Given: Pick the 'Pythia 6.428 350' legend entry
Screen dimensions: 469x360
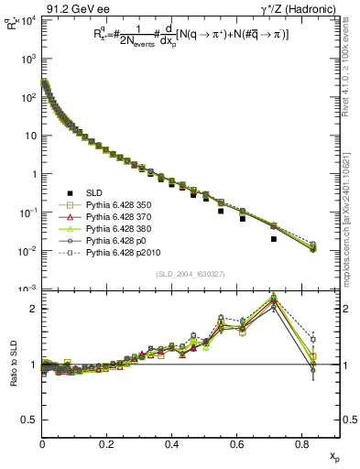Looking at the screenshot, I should click(125, 204).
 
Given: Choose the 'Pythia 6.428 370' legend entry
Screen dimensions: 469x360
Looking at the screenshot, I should click(125, 216).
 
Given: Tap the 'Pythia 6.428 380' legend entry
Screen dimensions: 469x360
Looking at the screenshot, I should click(125, 228).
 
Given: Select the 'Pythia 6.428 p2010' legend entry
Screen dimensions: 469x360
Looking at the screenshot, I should click(128, 252).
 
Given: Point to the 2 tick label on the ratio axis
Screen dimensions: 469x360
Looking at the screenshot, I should click(33, 309).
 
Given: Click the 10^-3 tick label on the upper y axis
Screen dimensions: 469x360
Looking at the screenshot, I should click(27, 289).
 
